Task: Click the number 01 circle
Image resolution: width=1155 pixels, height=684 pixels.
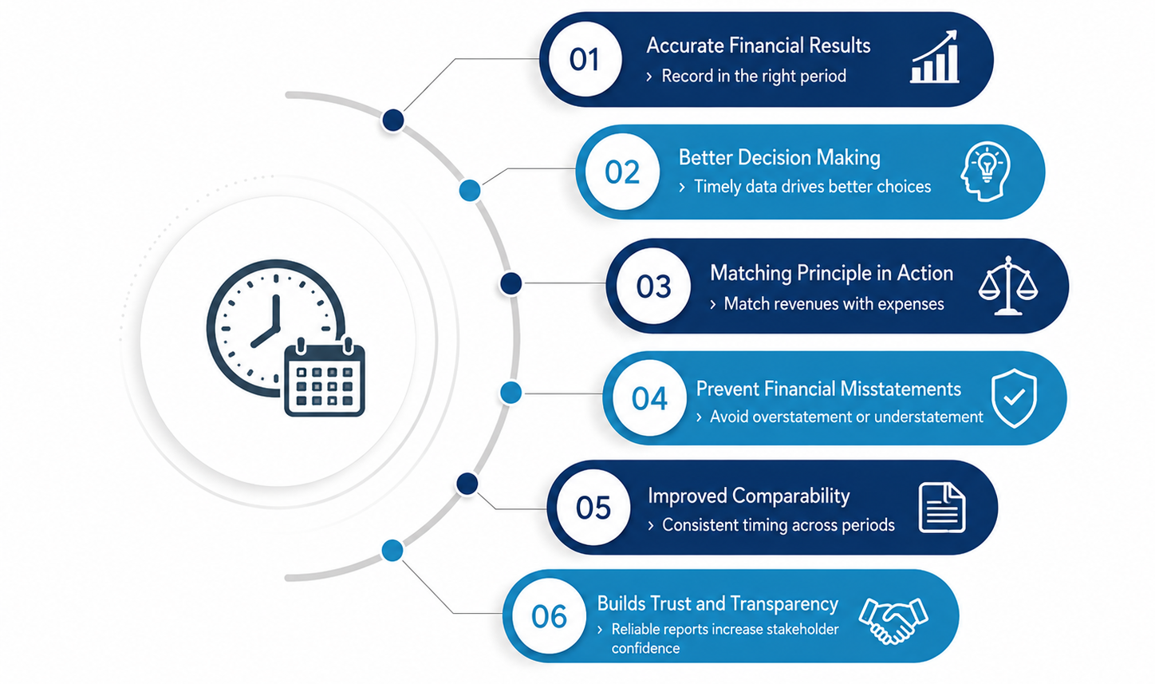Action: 585,59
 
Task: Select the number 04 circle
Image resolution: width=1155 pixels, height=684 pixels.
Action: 649,397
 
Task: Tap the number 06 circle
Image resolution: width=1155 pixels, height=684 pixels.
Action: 549,615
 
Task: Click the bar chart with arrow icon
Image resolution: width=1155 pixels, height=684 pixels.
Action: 934,57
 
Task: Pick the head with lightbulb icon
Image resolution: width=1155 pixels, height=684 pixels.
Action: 985,172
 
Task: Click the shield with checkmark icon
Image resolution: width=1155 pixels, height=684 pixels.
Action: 1014,397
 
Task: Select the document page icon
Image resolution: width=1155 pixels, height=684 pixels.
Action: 942,508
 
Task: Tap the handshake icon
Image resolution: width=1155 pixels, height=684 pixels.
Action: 893,621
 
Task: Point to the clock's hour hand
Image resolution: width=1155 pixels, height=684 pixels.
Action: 265,337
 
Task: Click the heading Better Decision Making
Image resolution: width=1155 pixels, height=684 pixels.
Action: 779,157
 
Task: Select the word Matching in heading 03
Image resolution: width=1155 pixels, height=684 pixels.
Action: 751,274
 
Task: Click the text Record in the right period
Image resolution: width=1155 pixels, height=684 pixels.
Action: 754,76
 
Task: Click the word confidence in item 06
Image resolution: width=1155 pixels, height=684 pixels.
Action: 645,648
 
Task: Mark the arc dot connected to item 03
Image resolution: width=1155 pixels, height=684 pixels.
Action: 511,283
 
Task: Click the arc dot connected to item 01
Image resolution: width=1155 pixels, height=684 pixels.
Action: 393,121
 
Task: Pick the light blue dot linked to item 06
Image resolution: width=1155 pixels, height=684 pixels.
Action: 392,551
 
